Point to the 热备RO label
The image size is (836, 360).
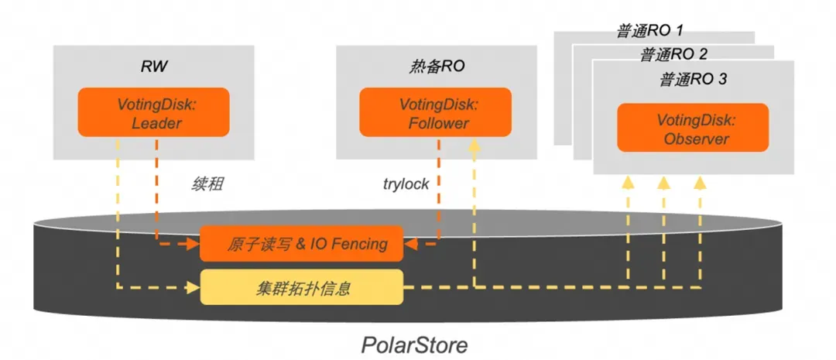[436, 67]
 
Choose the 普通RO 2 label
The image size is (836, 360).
[673, 55]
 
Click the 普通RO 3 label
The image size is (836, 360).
[693, 80]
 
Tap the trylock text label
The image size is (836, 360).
[406, 186]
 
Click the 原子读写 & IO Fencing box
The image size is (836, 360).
[302, 244]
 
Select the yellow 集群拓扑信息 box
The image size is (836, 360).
[302, 288]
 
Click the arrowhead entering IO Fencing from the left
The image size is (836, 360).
[194, 244]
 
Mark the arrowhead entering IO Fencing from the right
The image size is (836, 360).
[411, 244]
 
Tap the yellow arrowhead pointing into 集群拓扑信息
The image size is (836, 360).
[194, 288]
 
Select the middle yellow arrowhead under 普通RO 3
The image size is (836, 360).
[663, 182]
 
